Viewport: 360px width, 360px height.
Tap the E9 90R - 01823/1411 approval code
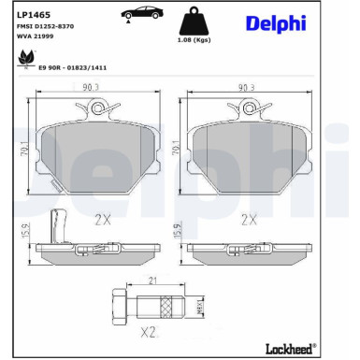[74, 68]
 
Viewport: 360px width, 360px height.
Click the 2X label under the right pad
[249, 220]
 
